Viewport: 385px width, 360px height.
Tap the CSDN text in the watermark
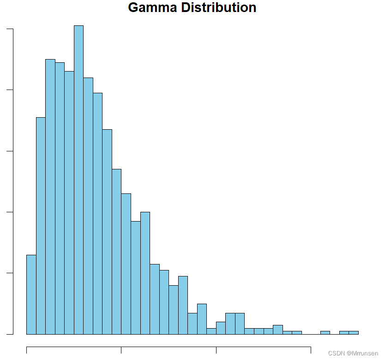336,353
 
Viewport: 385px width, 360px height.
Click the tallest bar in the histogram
78,180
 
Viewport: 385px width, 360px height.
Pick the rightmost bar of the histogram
354,332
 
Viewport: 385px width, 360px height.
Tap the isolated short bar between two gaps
325,332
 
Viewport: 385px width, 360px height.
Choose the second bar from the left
41,226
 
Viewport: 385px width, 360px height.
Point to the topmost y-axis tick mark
10,29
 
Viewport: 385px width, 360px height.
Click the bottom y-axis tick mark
10,334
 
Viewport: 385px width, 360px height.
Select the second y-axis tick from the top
10,90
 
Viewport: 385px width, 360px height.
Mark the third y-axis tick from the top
10,151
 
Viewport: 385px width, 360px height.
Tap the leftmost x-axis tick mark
26,350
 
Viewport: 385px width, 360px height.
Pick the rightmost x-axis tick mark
311,350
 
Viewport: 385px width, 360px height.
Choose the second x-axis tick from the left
121,350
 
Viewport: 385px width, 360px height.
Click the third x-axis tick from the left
216,350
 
